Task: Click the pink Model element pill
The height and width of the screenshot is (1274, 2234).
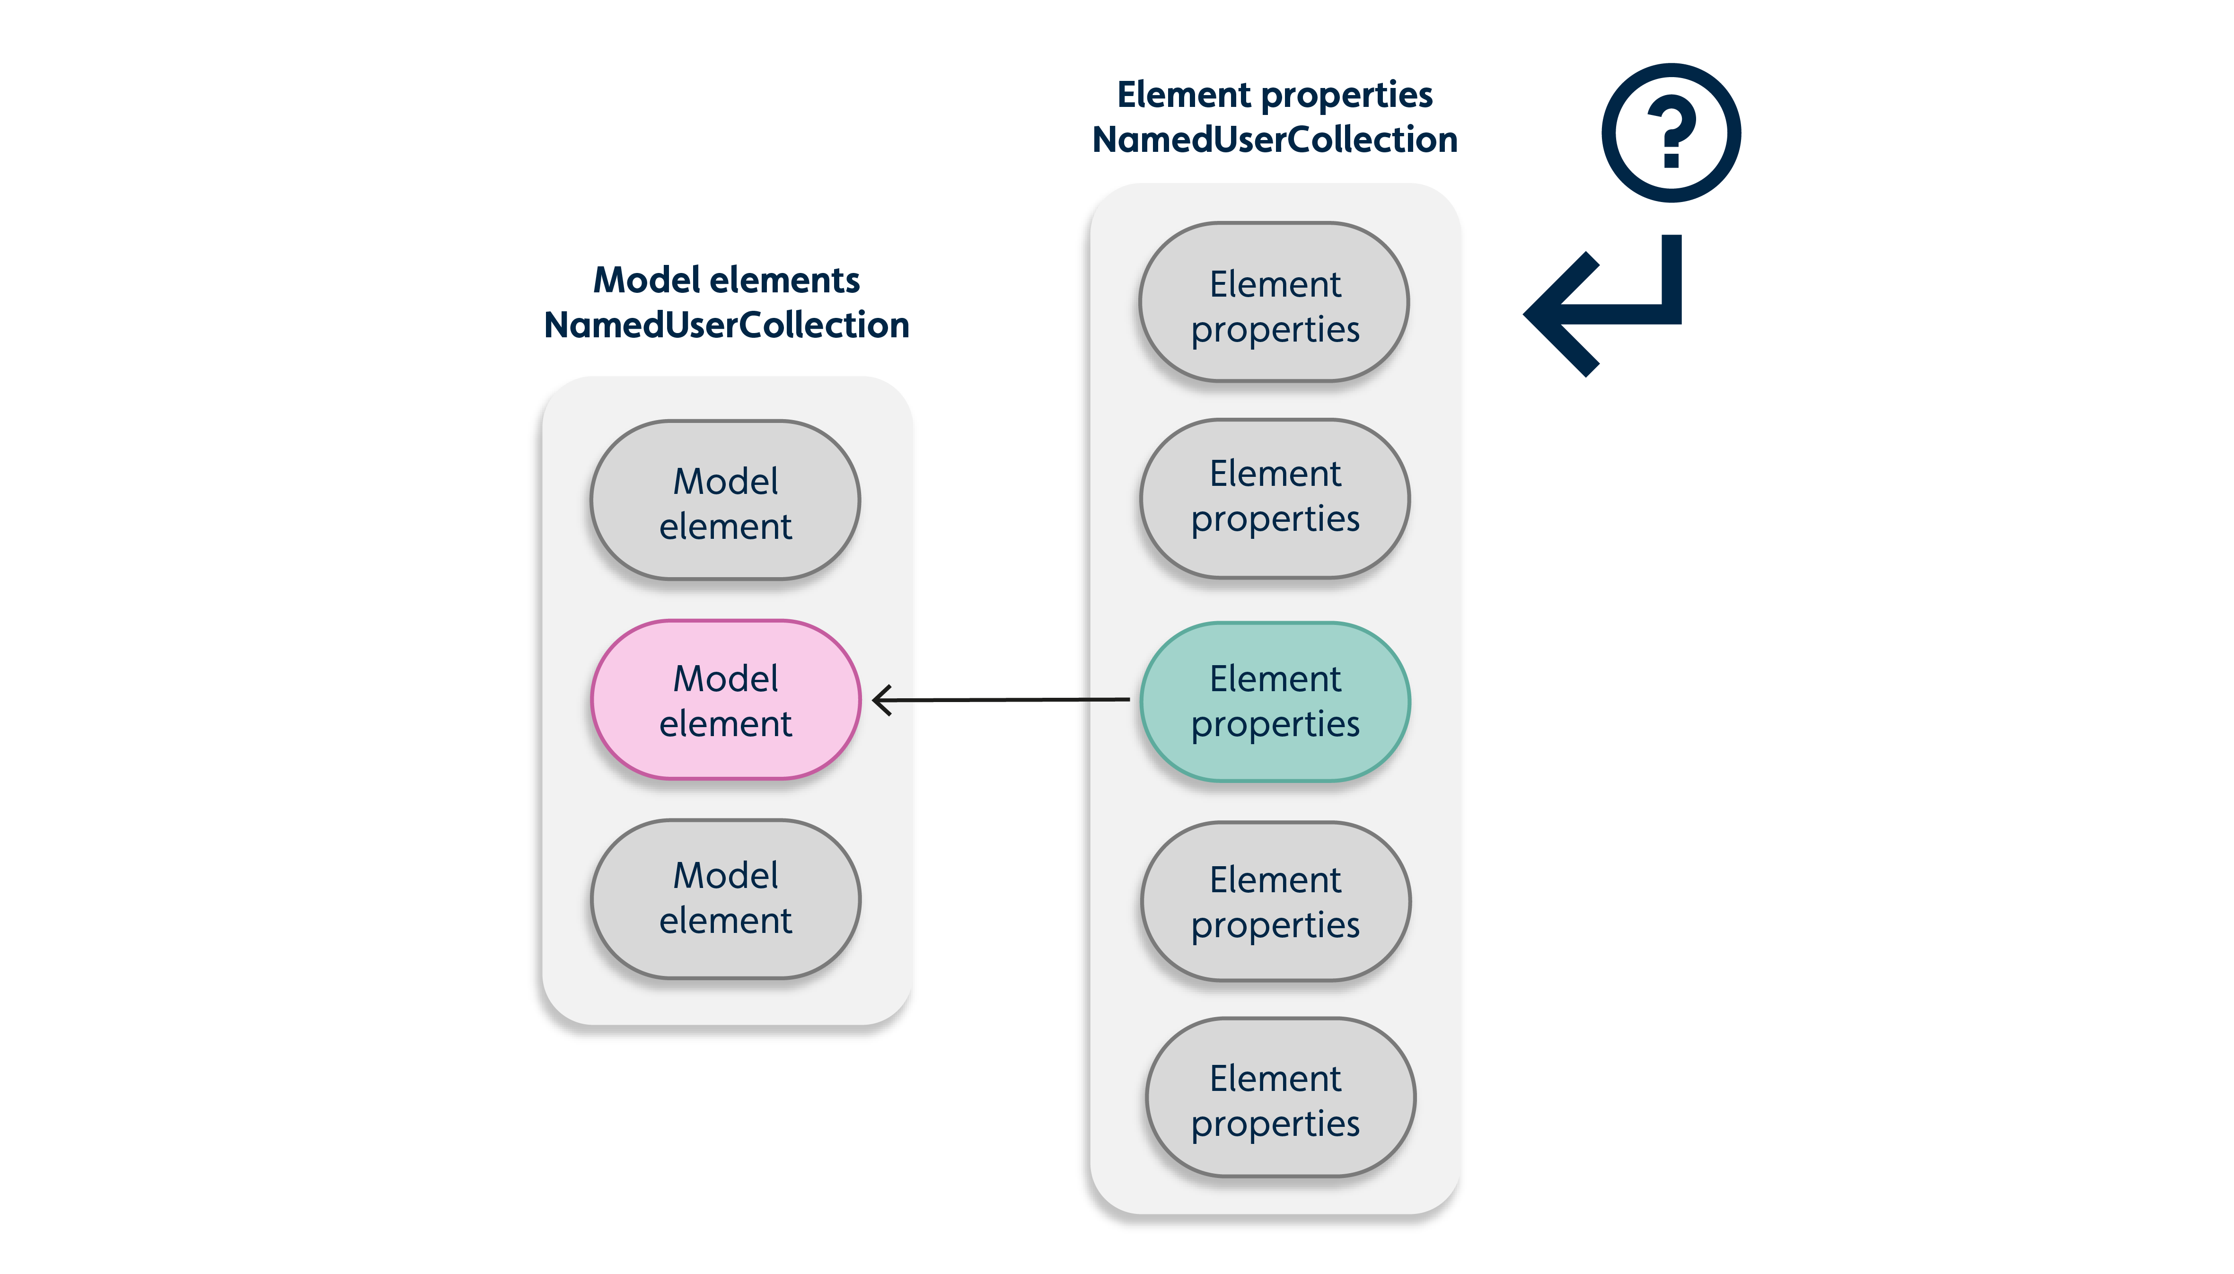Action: (725, 700)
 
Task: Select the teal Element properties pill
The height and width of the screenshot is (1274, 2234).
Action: (1275, 701)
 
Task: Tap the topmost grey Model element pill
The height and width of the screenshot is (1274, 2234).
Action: (725, 501)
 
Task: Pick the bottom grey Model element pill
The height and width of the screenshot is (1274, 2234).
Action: (725, 899)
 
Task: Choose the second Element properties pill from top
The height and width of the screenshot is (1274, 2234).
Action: (1275, 499)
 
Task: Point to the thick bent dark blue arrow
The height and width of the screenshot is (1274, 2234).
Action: (1610, 311)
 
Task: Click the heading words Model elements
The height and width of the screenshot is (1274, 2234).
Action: (726, 280)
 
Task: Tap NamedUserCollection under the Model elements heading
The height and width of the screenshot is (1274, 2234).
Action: (726, 325)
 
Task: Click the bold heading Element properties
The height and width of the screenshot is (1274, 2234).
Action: (1275, 95)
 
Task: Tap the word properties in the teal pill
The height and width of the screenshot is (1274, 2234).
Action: (1275, 724)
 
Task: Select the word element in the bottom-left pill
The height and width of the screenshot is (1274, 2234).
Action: (725, 921)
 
